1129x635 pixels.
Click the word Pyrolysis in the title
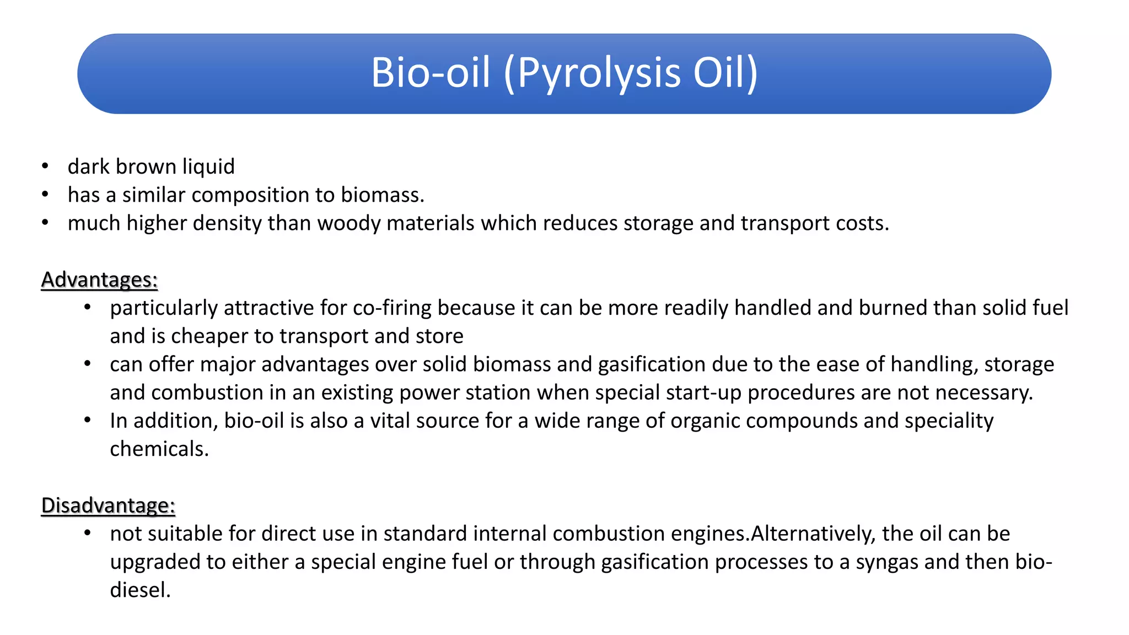click(x=599, y=73)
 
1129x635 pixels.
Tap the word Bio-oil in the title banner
click(x=431, y=73)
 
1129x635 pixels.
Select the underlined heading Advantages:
click(x=99, y=280)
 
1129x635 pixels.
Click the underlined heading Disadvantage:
click(x=108, y=505)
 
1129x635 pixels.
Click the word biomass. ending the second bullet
click(x=383, y=195)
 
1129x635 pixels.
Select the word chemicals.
click(x=159, y=449)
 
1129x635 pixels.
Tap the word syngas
click(x=887, y=562)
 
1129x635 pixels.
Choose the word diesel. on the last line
click(x=140, y=590)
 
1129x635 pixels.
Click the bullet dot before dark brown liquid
click(x=45, y=166)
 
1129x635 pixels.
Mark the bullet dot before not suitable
click(x=87, y=533)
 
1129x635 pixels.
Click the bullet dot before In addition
click(x=87, y=420)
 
